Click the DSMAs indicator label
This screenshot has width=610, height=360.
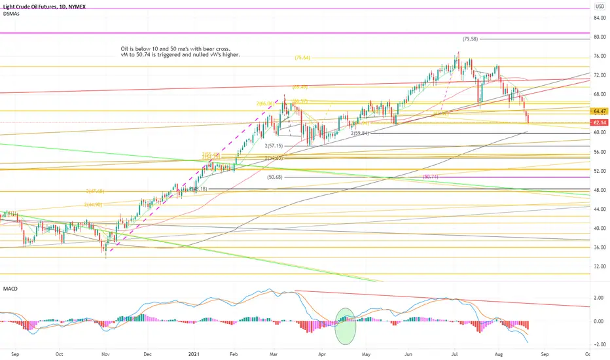[x=10, y=14]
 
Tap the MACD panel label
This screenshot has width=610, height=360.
[x=11, y=288]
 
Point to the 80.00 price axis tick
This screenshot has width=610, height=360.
[x=598, y=37]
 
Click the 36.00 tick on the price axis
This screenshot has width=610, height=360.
[x=598, y=247]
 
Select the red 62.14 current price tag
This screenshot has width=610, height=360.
[x=599, y=122]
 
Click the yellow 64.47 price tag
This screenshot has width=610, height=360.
[x=599, y=111]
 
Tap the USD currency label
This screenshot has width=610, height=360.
[x=598, y=5]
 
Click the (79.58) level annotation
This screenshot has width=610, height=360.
[x=471, y=39]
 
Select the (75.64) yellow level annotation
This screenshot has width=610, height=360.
[x=302, y=58]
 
